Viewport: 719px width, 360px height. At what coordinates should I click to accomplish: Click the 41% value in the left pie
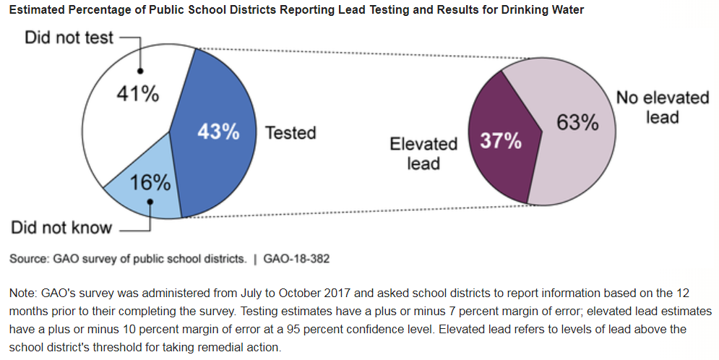[137, 95]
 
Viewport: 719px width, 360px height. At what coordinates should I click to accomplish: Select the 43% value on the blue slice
[218, 132]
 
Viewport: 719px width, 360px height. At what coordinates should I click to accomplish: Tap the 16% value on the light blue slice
[150, 182]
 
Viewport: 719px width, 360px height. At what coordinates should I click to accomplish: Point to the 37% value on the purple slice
[501, 140]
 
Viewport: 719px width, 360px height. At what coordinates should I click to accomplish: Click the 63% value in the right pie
[577, 123]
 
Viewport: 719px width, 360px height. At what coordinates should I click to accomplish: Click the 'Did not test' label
[69, 38]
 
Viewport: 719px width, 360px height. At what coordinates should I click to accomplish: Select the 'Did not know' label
[61, 228]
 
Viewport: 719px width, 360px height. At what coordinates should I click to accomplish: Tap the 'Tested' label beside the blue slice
[290, 133]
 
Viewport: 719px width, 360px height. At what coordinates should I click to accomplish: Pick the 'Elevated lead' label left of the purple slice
[423, 153]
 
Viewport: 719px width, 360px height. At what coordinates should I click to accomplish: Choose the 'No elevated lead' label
[662, 107]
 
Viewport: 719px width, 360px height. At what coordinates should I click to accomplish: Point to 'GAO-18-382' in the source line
[296, 258]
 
